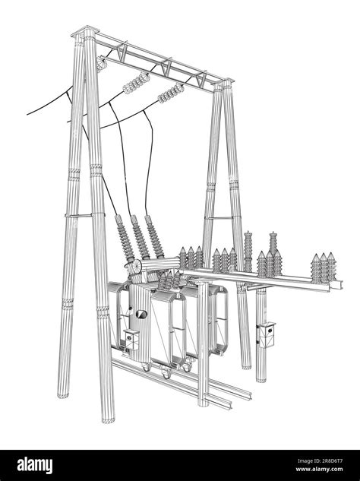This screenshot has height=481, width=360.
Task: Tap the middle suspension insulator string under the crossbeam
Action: point(137,81)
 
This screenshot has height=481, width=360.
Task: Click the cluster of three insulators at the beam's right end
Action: point(321,264)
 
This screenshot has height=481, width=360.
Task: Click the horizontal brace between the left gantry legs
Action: point(82,216)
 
